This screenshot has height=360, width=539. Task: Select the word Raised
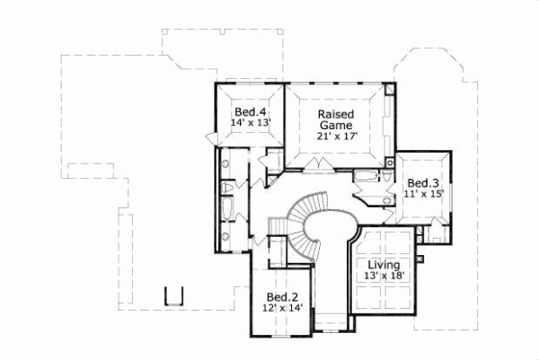click(336, 115)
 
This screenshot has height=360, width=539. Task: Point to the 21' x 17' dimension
click(336, 137)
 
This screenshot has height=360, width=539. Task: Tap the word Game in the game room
click(336, 126)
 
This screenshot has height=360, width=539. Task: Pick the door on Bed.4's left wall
click(212, 137)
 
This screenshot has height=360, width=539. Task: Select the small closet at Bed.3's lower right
click(437, 233)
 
